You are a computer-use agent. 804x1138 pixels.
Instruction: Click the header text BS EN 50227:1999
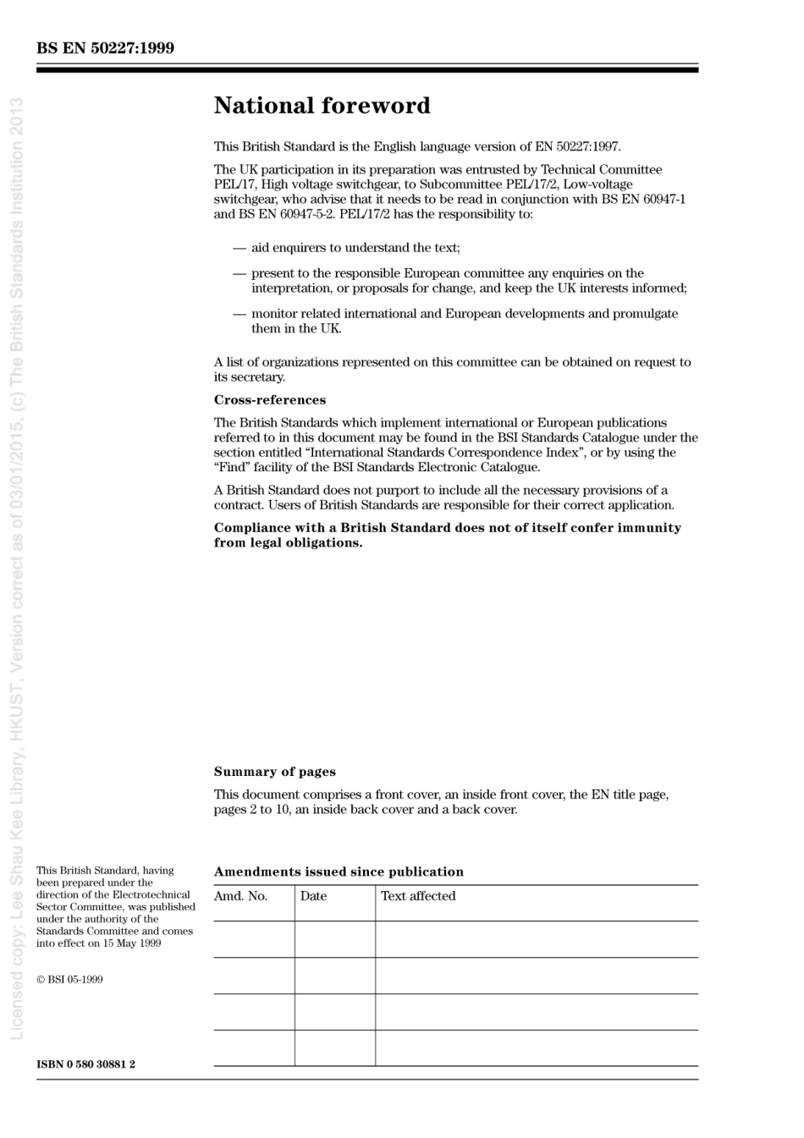105,48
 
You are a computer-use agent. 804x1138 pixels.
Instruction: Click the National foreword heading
322,106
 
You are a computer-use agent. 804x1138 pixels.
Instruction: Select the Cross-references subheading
269,400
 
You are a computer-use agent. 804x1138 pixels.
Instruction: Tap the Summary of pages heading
274,772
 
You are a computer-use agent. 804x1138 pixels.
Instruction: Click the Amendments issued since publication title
339,871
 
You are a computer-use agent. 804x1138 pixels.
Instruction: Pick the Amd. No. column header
241,896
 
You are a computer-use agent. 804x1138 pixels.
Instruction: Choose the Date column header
313,896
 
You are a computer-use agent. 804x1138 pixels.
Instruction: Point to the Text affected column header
418,896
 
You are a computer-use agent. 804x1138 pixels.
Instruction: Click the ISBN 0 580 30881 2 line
85,1064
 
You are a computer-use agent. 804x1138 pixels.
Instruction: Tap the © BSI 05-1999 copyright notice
69,980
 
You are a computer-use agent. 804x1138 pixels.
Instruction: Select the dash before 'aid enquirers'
240,248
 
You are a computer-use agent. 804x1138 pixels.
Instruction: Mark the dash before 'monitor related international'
240,314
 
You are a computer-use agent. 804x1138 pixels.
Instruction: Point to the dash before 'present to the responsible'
240,273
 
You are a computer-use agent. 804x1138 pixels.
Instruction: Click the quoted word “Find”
229,467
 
